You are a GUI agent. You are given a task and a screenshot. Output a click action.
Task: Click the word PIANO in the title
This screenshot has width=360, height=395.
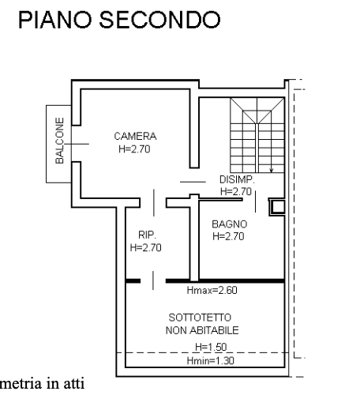coord(54,20)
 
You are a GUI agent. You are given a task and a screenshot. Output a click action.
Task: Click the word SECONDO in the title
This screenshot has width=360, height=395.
coord(159,20)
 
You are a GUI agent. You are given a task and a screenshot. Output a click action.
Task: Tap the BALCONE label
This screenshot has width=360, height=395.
coord(59,141)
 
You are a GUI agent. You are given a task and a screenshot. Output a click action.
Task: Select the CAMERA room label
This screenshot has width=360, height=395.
coord(135,136)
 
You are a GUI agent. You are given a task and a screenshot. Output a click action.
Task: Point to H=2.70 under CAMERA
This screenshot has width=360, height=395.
coord(134,149)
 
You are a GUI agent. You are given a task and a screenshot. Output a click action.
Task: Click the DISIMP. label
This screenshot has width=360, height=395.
coord(237,179)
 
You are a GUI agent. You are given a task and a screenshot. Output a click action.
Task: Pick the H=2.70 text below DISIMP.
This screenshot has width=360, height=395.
coord(236,191)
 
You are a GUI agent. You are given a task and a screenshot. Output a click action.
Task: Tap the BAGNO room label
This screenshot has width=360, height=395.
coord(230,224)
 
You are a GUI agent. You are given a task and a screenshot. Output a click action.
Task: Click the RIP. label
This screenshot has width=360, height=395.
coord(147,235)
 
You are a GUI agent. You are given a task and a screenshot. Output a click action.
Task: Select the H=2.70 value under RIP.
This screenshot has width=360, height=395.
coord(145,247)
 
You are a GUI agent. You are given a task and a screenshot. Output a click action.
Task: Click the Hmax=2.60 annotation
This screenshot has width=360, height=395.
coord(212,290)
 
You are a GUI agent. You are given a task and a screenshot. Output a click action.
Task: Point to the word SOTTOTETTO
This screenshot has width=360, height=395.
coord(200,318)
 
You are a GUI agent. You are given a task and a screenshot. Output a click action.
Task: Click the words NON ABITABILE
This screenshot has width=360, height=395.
coord(202,330)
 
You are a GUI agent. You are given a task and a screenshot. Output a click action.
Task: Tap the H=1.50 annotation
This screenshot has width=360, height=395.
coord(211,347)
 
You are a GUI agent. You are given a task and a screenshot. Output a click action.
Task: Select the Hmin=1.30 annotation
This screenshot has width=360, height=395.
coord(210,360)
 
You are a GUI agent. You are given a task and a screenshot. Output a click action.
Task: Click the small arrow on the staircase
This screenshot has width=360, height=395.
coord(272,170)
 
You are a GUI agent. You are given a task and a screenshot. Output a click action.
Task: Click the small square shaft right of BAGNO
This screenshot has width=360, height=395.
coord(277,207)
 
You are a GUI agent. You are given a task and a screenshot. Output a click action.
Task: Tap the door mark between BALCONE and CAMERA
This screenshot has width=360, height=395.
coord(77,144)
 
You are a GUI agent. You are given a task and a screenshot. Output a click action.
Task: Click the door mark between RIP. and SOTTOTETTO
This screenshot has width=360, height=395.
coord(153,280)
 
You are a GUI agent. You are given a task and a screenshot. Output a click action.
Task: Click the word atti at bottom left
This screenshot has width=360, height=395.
coord(74,383)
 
